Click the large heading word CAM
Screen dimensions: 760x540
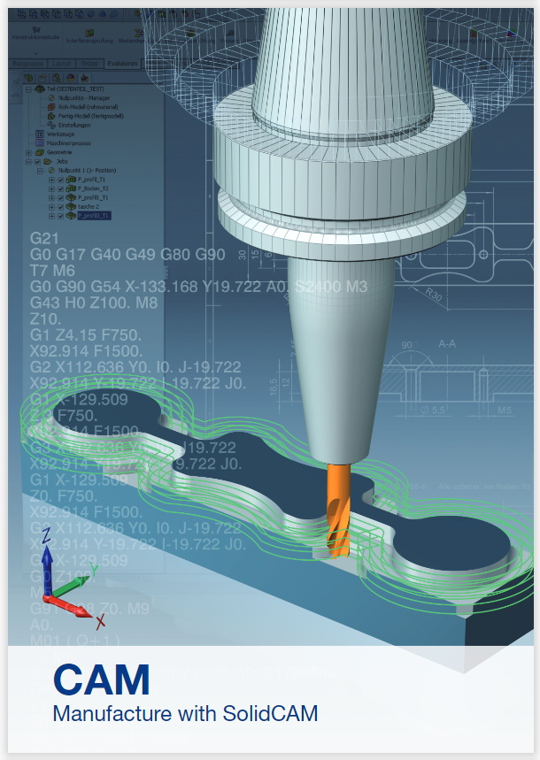pos(101,679)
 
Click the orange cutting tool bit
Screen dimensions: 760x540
pos(339,513)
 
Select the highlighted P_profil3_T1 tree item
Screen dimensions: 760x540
pos(93,215)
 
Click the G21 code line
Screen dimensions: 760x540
pos(43,239)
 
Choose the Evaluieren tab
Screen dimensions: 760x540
pos(121,64)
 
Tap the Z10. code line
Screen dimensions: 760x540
pos(45,319)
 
